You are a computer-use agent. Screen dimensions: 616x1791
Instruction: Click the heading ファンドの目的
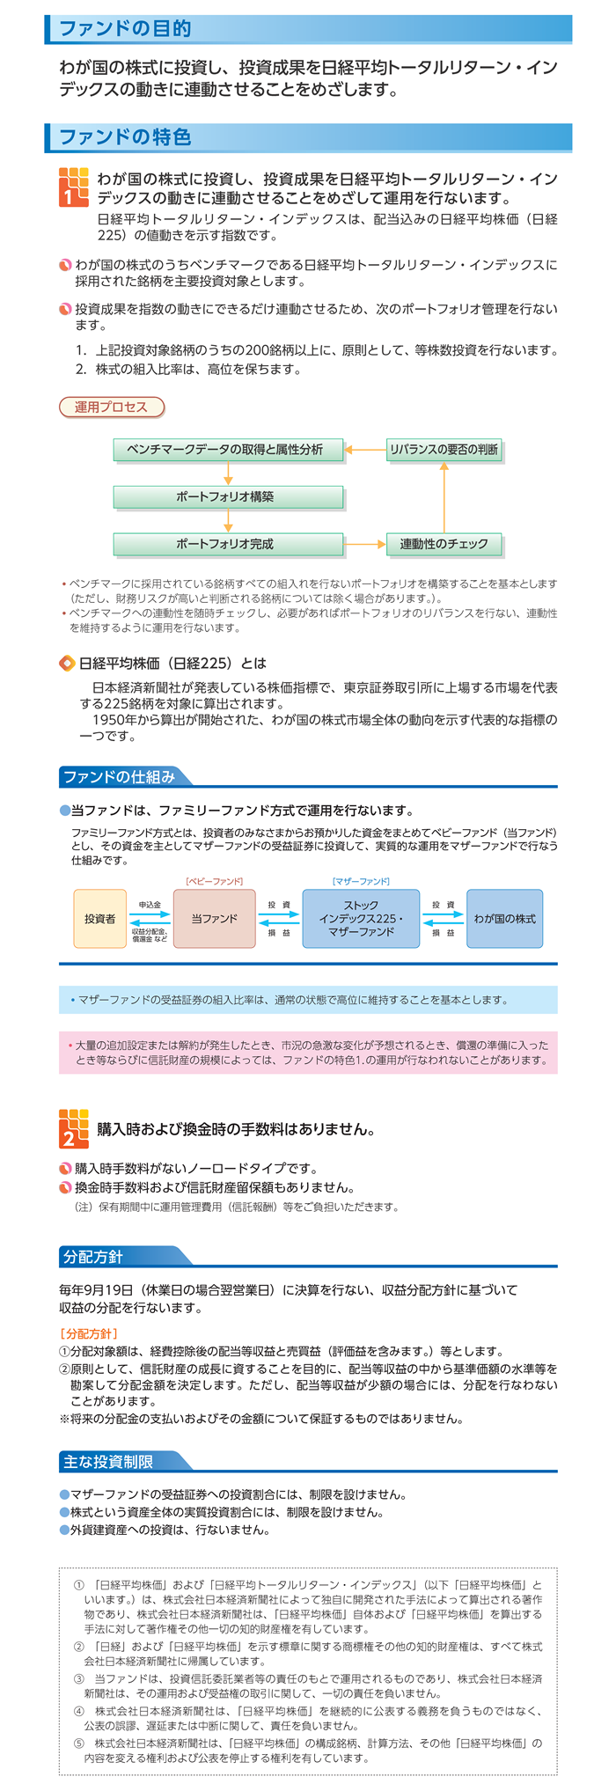click(x=124, y=29)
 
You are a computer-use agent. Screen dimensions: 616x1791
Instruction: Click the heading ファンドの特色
click(x=124, y=137)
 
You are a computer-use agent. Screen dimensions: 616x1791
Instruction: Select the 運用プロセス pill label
click(x=112, y=407)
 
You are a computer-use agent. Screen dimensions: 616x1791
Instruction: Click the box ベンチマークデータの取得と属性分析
click(x=228, y=450)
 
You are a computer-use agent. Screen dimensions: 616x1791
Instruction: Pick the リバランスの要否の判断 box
click(x=444, y=450)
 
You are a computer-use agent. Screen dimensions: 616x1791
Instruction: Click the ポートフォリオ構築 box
click(x=228, y=497)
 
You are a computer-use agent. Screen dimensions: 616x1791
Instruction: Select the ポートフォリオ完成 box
click(x=228, y=545)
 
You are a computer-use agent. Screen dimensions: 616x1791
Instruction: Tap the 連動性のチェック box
click(x=444, y=545)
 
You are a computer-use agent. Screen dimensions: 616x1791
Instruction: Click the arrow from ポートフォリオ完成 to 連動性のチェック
click(x=365, y=545)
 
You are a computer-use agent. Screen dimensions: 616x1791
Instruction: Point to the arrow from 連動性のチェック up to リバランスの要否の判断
click(x=444, y=497)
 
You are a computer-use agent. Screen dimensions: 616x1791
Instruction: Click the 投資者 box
click(x=99, y=919)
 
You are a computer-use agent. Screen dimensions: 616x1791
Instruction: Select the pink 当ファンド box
click(x=215, y=919)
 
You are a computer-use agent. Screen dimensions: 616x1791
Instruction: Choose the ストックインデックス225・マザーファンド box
click(x=361, y=919)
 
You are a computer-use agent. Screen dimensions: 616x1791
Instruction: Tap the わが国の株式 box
click(x=504, y=919)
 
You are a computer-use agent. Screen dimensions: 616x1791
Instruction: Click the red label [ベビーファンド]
click(x=214, y=881)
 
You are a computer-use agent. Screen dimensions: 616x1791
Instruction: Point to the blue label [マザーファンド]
click(x=361, y=881)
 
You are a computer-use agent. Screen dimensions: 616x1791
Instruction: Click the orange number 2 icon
click(x=74, y=1128)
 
